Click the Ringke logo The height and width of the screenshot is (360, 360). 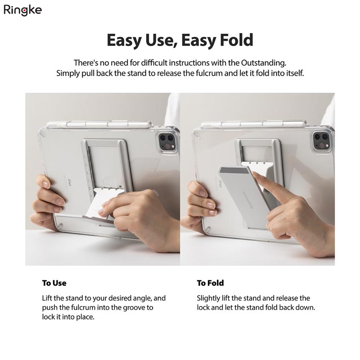coord(23,10)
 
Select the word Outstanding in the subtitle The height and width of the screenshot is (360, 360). coord(263,63)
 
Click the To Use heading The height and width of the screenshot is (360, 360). coord(54,283)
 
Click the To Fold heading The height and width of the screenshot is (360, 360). coord(210,283)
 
